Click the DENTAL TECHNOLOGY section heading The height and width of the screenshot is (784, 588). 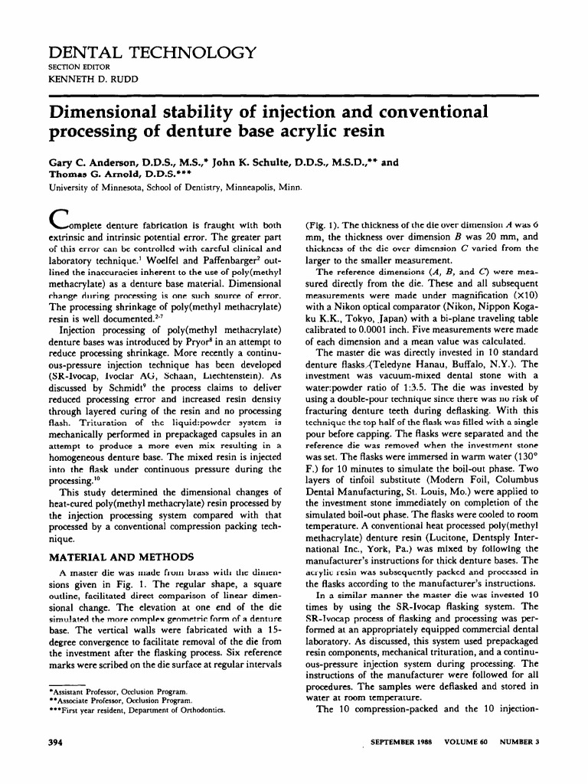[x=152, y=52]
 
